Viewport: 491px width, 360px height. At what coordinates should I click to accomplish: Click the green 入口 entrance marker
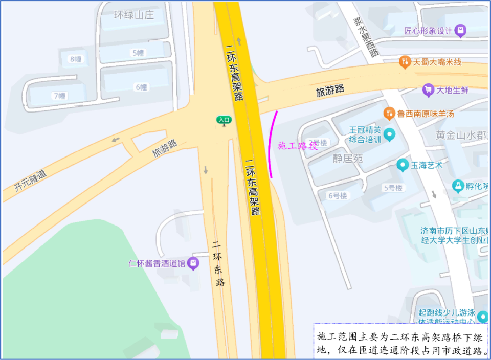(224, 120)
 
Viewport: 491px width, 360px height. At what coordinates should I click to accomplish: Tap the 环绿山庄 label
(133, 15)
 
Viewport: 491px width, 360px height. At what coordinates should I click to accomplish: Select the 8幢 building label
(76, 59)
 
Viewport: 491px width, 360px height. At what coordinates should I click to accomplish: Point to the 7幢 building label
(60, 96)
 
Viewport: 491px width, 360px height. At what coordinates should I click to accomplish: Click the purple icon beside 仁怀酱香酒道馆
(193, 264)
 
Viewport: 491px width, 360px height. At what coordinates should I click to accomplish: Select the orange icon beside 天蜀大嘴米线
(405, 62)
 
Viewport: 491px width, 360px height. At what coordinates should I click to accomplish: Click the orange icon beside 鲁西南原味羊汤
(389, 113)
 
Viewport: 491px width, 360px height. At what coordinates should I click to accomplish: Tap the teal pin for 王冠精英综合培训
(390, 134)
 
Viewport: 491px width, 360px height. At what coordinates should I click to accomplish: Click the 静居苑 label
(347, 159)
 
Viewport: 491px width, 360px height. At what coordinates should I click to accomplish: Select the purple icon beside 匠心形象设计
(461, 31)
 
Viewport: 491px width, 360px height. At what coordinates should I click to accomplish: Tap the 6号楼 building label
(338, 195)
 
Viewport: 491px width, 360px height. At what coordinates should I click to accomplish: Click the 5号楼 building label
(393, 188)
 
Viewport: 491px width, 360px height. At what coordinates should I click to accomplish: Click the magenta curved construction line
(270, 146)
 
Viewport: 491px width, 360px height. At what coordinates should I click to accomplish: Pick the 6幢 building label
(141, 87)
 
